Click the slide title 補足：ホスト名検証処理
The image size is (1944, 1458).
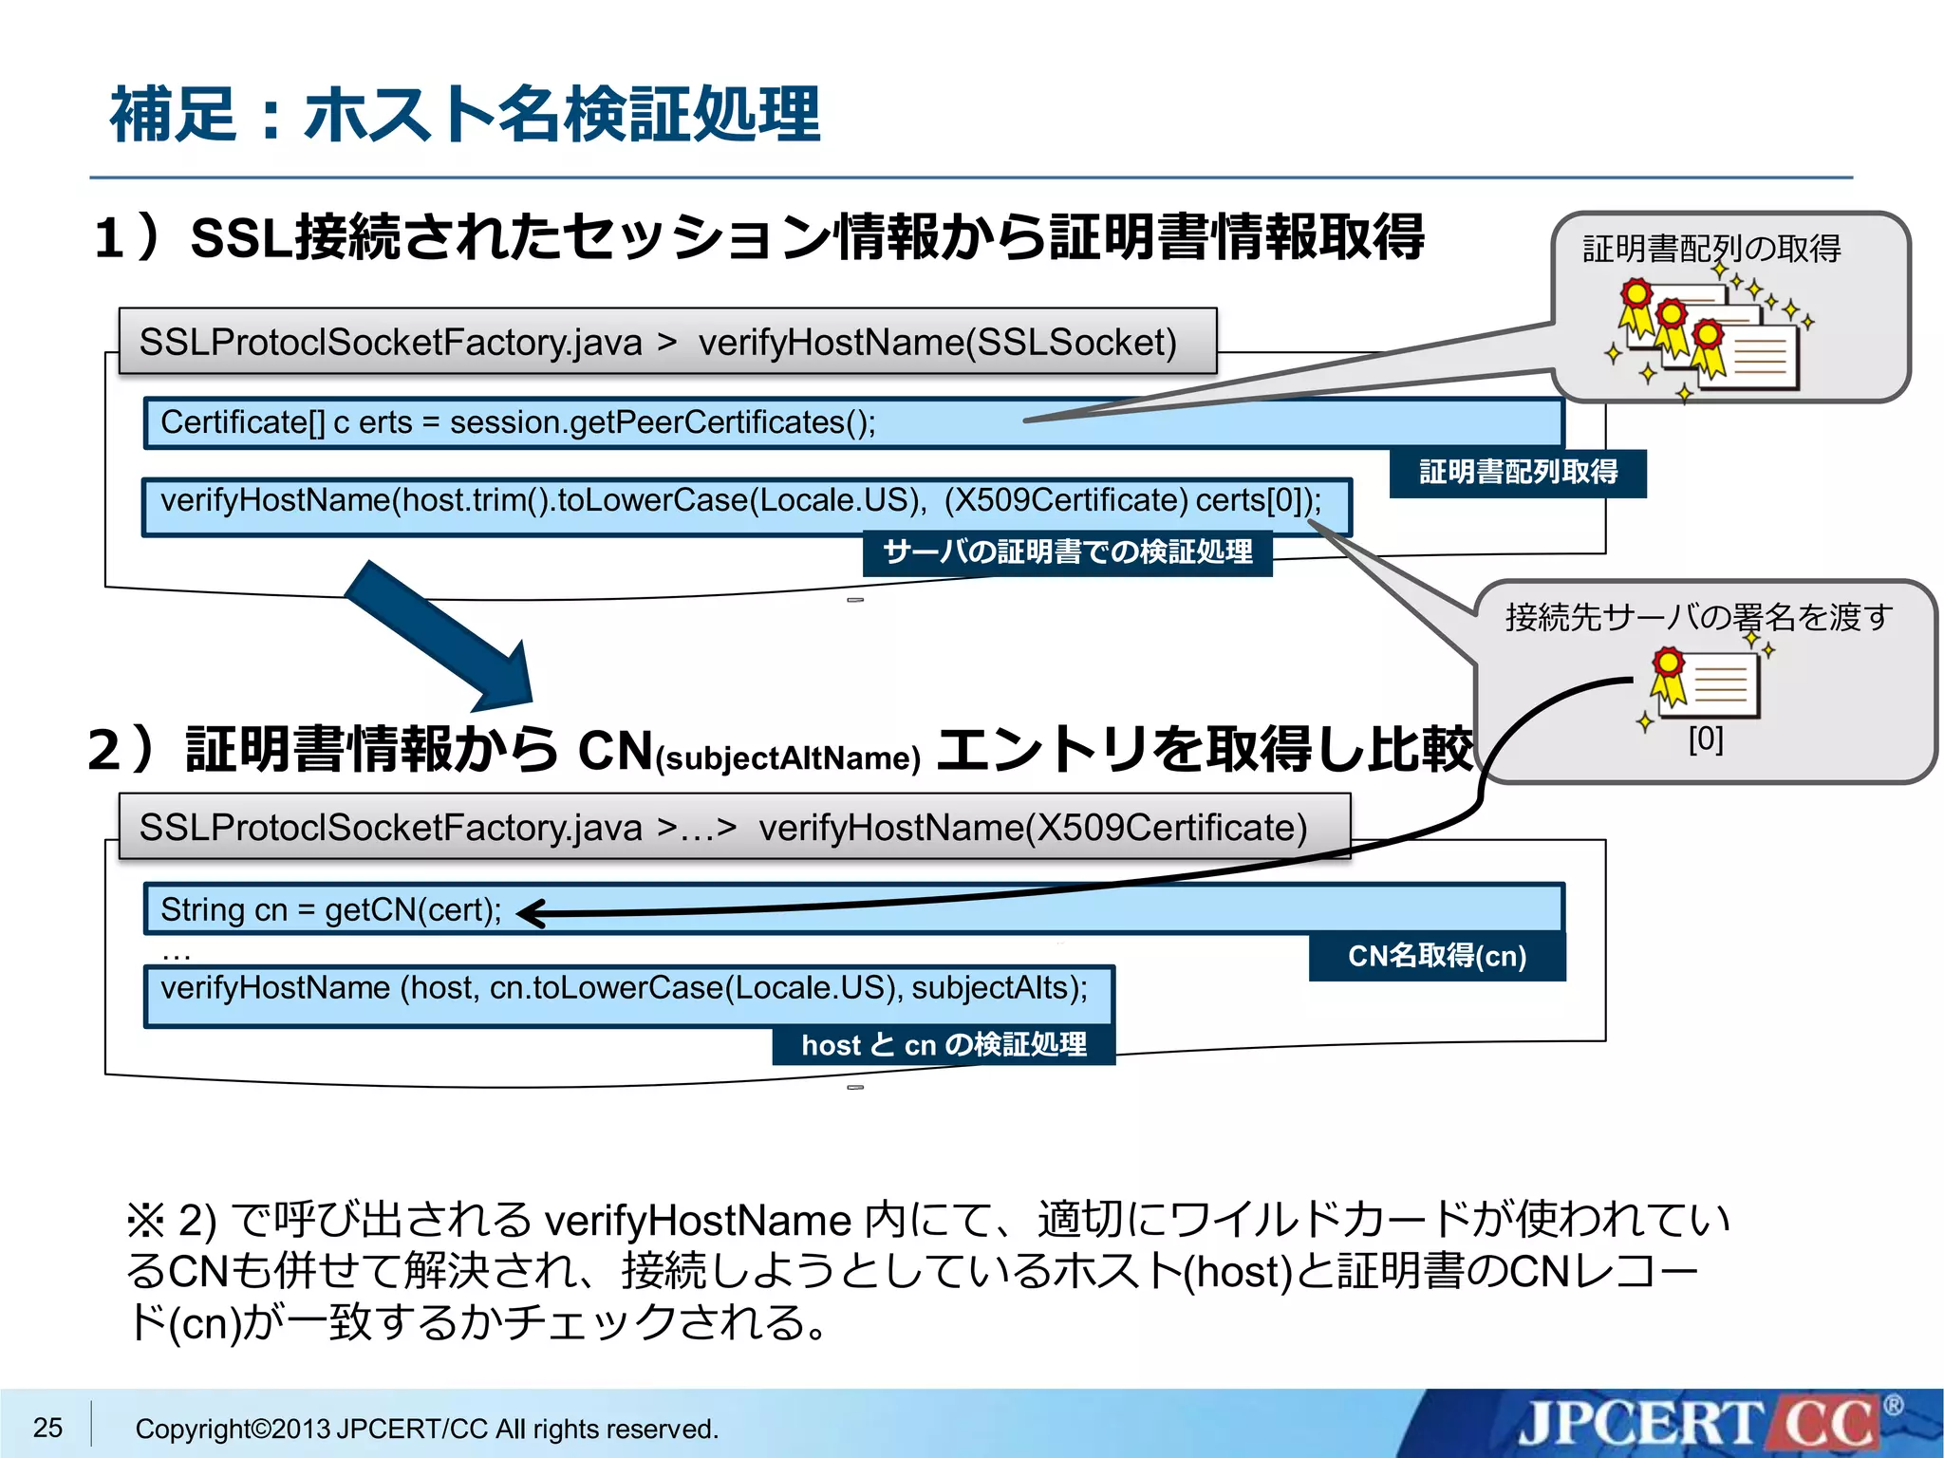pos(465,114)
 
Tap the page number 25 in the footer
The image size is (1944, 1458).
pos(47,1428)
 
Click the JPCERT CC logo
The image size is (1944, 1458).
pos(1699,1424)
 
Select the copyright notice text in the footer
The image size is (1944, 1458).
pos(426,1429)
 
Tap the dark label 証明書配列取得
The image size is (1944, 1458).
pos(1518,473)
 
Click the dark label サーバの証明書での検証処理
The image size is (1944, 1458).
pos(1067,552)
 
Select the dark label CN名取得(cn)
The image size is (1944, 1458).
pos(1437,956)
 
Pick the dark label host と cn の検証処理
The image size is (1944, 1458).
pos(944,1045)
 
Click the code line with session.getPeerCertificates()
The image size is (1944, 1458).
pos(518,422)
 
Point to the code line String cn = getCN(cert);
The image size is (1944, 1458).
pos(331,909)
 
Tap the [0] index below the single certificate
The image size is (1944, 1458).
pos(1706,738)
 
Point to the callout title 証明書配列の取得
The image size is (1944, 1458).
pos(1711,249)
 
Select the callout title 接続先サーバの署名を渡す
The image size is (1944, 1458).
pos(1698,618)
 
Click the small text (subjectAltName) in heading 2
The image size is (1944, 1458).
pos(788,758)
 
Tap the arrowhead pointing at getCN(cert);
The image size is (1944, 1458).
pos(532,913)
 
